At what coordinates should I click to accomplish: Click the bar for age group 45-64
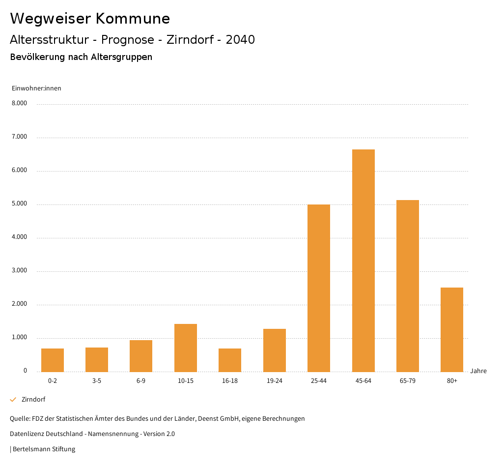pos(363,261)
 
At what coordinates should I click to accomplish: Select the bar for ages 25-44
pos(319,288)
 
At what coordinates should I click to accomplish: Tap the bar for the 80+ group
pos(452,329)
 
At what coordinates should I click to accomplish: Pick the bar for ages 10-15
pos(186,348)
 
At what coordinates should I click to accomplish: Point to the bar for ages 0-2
pos(53,360)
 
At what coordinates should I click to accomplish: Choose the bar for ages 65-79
pos(408,286)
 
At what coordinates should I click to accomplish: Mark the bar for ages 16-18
pos(230,360)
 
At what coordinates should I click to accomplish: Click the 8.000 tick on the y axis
pos(19,103)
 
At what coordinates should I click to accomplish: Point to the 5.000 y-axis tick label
pos(19,203)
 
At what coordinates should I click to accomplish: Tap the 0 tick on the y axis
pos(25,371)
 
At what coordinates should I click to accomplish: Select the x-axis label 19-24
pos(274,381)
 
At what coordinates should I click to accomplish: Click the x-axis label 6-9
pos(141,381)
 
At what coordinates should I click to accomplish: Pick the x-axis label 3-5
pos(97,381)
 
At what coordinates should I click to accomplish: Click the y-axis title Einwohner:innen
pos(36,88)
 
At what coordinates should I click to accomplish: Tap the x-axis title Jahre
pos(478,371)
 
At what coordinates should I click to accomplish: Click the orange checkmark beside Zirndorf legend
pos(13,400)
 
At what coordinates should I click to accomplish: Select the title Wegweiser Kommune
pos(90,19)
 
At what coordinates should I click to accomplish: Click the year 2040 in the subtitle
pos(240,40)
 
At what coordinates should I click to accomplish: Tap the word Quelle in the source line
pos(19,419)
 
